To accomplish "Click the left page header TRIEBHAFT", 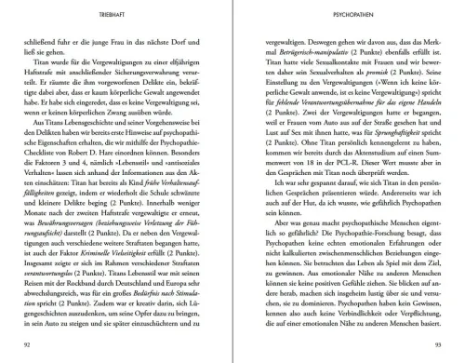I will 118,15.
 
